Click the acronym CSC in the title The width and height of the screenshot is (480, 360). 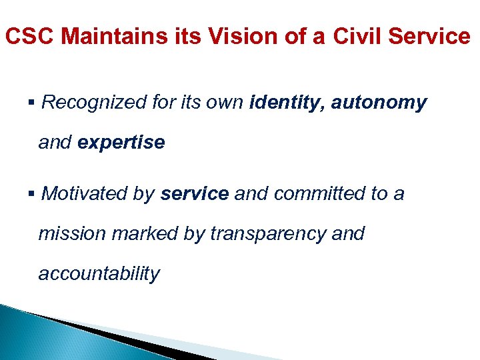(27, 36)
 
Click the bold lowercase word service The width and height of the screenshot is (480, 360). (195, 193)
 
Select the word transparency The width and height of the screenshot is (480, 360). (265, 234)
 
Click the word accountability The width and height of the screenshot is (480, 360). (99, 274)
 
